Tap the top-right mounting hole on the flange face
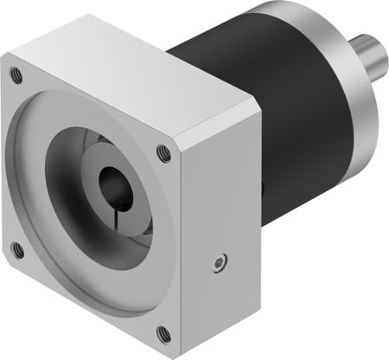pos(163,153)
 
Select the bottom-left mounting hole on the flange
pos(16,250)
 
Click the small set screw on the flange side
pos(222,260)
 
